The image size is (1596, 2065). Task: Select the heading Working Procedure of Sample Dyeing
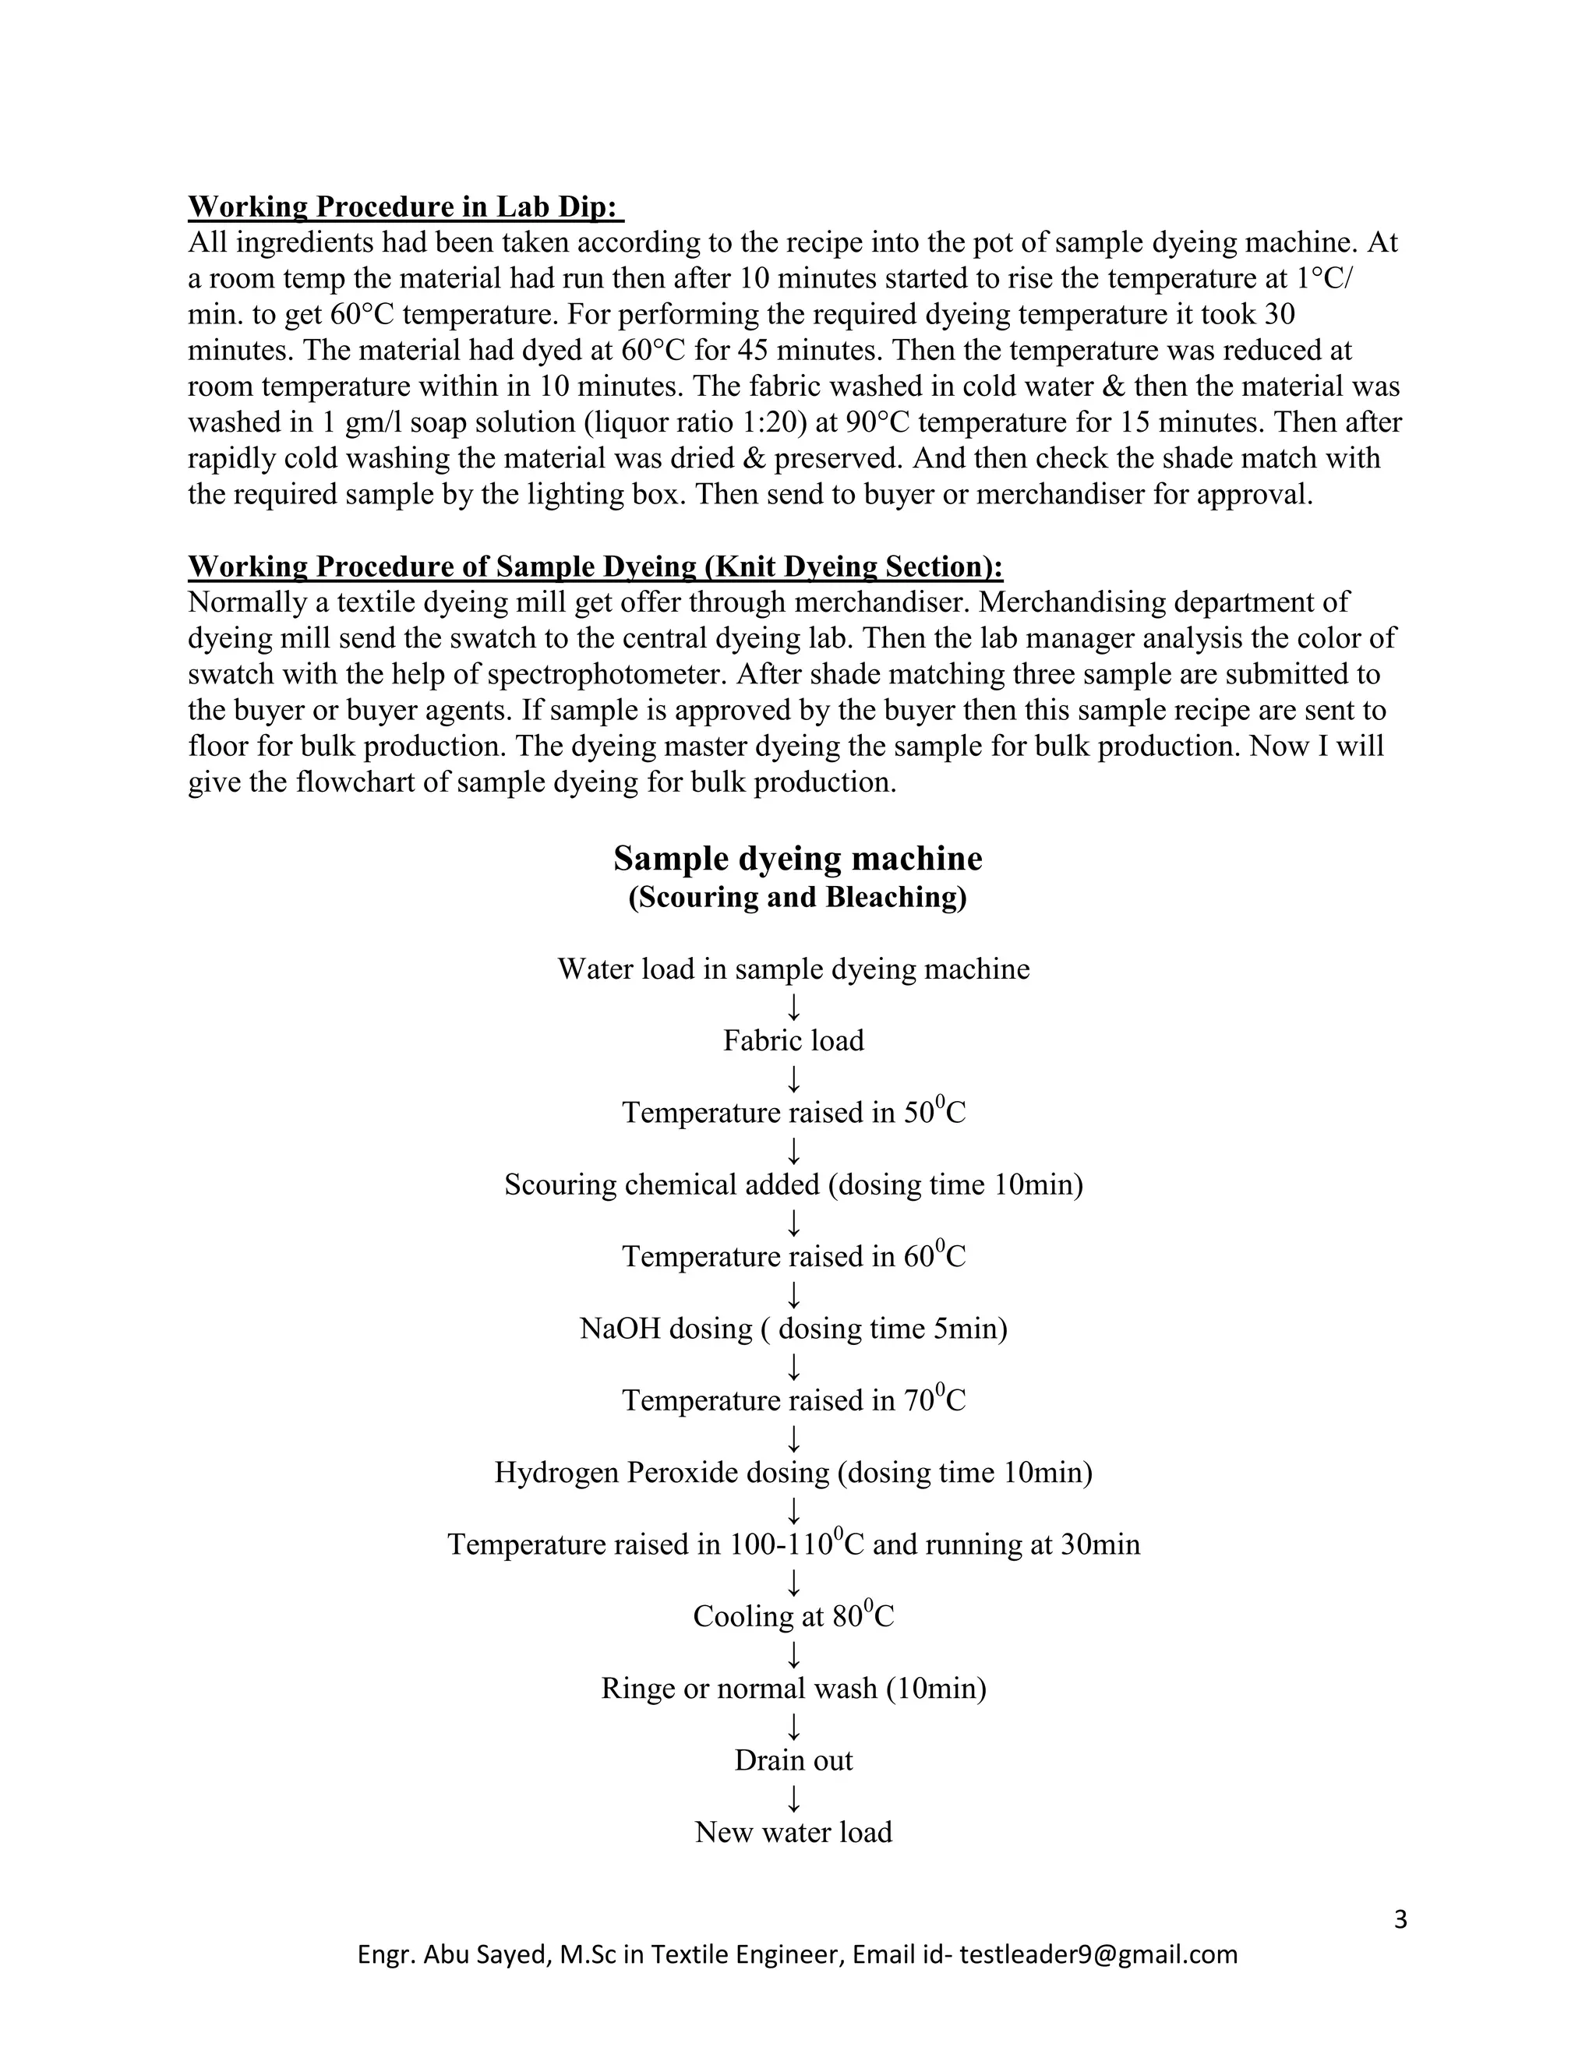(x=595, y=567)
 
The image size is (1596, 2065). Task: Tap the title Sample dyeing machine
(x=797, y=859)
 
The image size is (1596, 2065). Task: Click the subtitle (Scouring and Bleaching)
(x=797, y=897)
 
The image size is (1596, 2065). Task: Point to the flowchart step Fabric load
(x=793, y=1041)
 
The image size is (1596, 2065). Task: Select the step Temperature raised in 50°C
(x=793, y=1113)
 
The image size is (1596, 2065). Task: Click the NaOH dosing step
(x=793, y=1329)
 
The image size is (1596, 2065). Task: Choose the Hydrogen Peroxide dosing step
(x=793, y=1473)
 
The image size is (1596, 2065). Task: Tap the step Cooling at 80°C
(x=793, y=1617)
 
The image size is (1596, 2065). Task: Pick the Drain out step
(x=793, y=1760)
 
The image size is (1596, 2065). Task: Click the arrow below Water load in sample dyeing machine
(x=794, y=1006)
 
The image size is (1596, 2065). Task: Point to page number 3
(x=1400, y=1920)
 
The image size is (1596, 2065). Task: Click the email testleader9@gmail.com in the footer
(x=1098, y=1955)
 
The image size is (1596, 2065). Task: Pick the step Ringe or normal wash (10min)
(x=793, y=1689)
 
